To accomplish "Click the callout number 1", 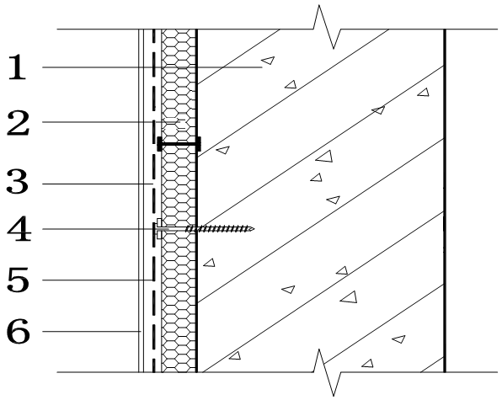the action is tap(17, 67).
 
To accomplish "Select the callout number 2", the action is tap(18, 123).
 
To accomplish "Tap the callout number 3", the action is tap(18, 182).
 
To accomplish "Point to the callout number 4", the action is tap(19, 229).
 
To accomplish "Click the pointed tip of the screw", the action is tap(254, 228).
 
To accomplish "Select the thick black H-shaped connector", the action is tap(179, 144).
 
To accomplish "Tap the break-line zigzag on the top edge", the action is tap(327, 28).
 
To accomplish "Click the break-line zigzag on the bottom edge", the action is tap(327, 372).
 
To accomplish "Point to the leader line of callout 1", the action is tap(152, 67).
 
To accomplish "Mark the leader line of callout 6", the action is tap(92, 331).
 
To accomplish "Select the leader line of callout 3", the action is tap(98, 184).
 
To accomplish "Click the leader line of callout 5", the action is tap(98, 280).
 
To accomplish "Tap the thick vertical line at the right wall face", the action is tap(445, 200).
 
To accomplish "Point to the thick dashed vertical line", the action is tap(153, 200).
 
